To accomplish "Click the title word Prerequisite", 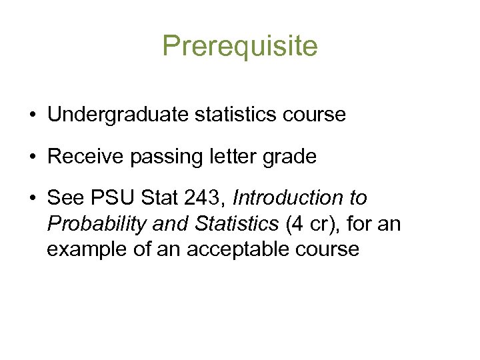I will click(x=240, y=46).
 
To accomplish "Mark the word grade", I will click(x=288, y=157).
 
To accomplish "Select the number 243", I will click(x=200, y=199).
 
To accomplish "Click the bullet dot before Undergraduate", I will click(x=32, y=115).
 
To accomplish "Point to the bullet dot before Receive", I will click(x=32, y=157).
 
